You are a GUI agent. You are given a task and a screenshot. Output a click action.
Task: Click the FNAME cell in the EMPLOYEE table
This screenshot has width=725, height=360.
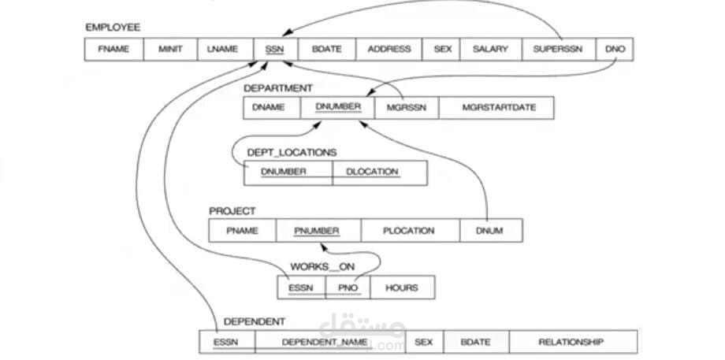[x=113, y=49]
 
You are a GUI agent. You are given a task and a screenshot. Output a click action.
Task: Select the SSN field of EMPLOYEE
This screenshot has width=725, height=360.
[x=275, y=49]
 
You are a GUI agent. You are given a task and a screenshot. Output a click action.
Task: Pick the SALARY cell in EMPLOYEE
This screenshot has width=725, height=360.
[x=490, y=49]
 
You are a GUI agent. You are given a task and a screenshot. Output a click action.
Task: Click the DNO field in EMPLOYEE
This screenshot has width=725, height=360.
[x=615, y=49]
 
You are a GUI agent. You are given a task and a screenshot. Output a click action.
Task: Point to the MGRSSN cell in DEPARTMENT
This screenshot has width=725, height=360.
[x=407, y=108]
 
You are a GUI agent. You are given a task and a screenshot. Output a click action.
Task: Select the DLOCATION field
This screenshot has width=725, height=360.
[x=379, y=173]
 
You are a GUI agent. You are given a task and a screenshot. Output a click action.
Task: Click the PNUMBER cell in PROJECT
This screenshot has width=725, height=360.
[x=318, y=231]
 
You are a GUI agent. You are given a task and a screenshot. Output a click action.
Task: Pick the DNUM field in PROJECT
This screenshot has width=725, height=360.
[x=490, y=231]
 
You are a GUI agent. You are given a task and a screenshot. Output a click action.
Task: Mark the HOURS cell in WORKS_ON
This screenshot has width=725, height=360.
[x=402, y=288]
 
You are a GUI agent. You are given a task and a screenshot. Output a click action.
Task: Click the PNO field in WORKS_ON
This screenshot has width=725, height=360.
[x=348, y=288]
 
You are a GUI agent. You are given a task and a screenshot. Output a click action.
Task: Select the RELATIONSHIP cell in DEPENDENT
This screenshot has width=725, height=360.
[x=572, y=342]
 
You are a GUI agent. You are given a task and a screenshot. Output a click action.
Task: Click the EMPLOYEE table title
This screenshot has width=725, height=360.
[x=113, y=28]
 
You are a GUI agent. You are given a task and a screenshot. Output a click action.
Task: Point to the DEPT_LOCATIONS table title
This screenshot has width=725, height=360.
[x=292, y=152]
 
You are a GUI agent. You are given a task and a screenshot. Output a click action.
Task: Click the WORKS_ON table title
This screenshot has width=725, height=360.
[x=322, y=267]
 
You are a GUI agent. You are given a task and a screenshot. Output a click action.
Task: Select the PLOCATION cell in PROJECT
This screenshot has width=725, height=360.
[x=410, y=231]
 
